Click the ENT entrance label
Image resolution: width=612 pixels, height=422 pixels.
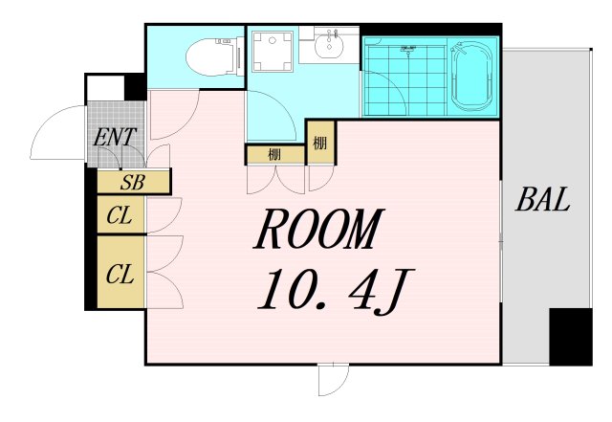point(115,137)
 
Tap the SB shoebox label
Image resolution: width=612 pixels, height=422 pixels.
point(133,182)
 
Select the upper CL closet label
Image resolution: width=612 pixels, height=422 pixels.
point(120,215)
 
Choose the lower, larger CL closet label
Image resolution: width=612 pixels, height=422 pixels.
point(120,274)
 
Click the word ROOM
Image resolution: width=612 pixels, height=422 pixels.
point(319,230)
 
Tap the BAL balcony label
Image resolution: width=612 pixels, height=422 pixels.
point(542,199)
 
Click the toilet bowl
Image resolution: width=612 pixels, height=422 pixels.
point(213,57)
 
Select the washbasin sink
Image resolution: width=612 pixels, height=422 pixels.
point(330,46)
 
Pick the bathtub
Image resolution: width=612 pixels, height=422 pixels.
point(471,77)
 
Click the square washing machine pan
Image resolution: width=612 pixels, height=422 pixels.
point(273,52)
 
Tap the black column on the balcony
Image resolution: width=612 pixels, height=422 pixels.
point(571,337)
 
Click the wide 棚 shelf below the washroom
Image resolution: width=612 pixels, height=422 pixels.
point(274,155)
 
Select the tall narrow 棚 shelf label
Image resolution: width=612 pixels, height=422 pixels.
point(319,144)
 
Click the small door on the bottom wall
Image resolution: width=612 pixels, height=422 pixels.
point(333,380)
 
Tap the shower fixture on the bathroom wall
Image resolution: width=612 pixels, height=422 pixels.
point(408,50)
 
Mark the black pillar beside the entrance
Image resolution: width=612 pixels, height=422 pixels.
point(135,87)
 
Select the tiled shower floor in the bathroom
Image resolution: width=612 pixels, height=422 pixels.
point(404,80)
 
